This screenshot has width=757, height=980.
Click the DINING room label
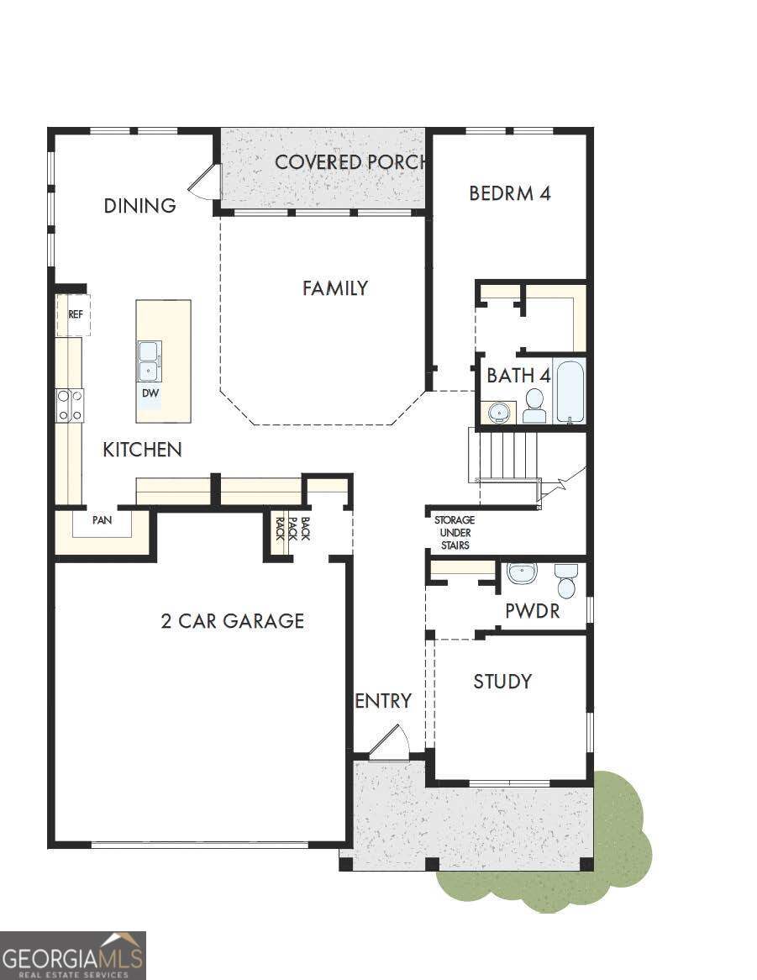139,206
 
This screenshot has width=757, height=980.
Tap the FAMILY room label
335,288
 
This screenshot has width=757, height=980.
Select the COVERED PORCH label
351,162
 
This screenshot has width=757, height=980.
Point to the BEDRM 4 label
510,192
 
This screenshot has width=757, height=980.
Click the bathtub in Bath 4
570,391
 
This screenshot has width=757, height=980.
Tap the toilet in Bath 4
534,406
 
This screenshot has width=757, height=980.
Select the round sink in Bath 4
502,413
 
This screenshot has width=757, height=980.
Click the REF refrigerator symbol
74,314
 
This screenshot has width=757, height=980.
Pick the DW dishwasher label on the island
150,393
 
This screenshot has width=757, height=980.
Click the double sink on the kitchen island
150,361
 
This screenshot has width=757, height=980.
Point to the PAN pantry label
102,520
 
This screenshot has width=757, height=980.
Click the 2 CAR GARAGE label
232,621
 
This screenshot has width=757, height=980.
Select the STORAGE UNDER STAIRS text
454,533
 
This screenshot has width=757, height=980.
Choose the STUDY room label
502,681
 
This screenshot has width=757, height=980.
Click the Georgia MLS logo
73,955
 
